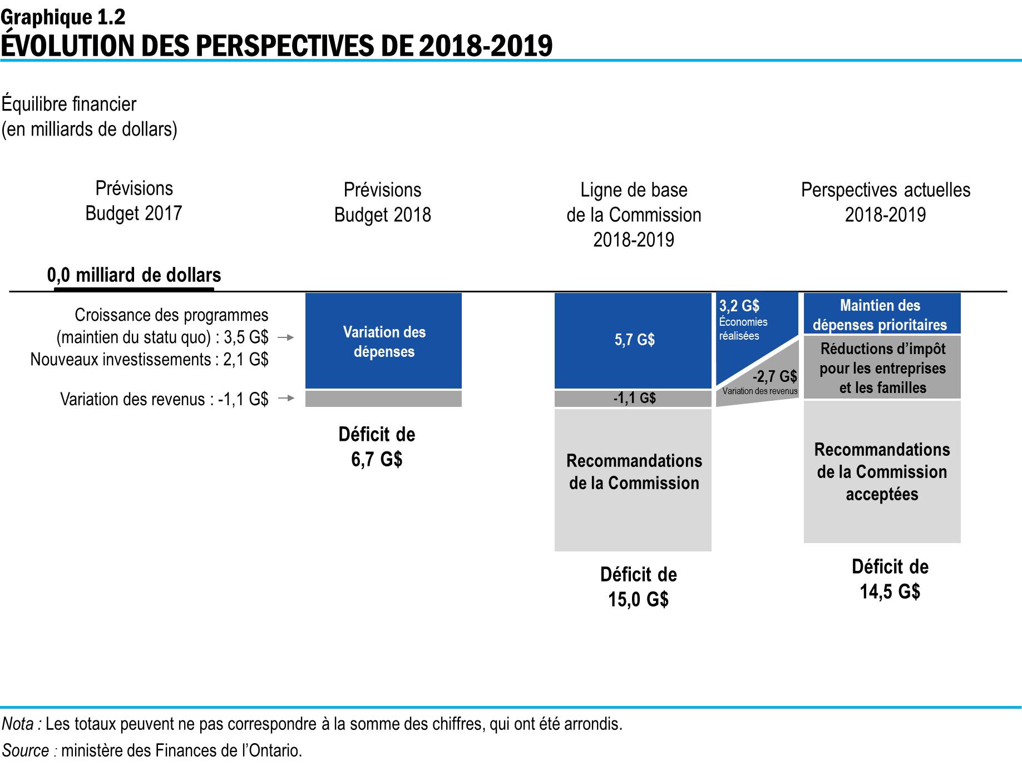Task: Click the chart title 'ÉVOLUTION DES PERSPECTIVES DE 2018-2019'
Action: pos(277,46)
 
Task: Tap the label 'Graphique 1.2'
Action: pos(63,17)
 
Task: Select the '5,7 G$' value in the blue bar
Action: pos(634,340)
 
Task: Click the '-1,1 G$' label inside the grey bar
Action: pos(634,398)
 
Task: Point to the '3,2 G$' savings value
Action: pos(739,306)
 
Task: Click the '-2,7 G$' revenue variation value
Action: pos(774,376)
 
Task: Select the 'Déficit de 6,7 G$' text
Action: pos(377,446)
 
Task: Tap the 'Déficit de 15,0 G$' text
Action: pos(638,586)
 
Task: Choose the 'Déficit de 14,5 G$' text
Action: pos(890,579)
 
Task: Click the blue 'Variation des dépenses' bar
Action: pos(384,341)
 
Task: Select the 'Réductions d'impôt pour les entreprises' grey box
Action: pos(882,368)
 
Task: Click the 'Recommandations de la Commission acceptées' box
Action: pos(882,471)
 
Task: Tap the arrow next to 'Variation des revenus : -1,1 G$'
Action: pos(286,398)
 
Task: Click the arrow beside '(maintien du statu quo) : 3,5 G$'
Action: pos(286,337)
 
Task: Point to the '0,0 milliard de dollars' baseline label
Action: pos(134,275)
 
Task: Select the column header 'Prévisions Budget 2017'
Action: pos(134,201)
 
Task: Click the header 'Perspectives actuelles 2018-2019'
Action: pos(885,202)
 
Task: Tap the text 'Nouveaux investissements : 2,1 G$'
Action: pos(149,360)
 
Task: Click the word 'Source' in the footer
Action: pos(26,750)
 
